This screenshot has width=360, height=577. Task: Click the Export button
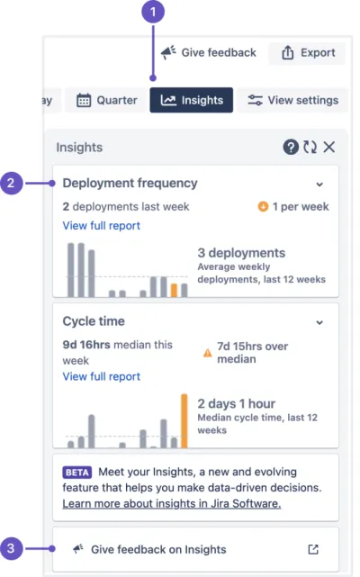[x=308, y=53]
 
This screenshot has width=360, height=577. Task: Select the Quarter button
[x=107, y=100]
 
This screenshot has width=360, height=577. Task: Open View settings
[x=292, y=100]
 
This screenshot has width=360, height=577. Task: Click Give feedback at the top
[x=208, y=52]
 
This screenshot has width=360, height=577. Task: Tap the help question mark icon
[x=291, y=148]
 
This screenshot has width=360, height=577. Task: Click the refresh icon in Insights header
[x=310, y=148]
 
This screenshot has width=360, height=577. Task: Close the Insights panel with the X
[x=329, y=148]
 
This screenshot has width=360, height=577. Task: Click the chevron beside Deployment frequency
[x=319, y=185]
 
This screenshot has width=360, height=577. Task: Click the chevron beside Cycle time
[x=319, y=323]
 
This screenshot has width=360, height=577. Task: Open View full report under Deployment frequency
[x=101, y=226]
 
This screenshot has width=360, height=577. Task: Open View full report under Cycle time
[x=101, y=376]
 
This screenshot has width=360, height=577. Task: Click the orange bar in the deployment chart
[x=174, y=291]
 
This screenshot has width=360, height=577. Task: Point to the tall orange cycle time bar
[x=184, y=421]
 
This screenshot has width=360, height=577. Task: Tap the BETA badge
[x=76, y=473]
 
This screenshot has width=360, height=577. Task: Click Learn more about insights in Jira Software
[x=172, y=503]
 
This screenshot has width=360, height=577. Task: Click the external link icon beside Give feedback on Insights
[x=313, y=549]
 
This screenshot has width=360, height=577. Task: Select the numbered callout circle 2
[x=11, y=183]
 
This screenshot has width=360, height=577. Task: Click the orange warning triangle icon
[x=208, y=353]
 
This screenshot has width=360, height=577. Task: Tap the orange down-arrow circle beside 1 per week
[x=263, y=206]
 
